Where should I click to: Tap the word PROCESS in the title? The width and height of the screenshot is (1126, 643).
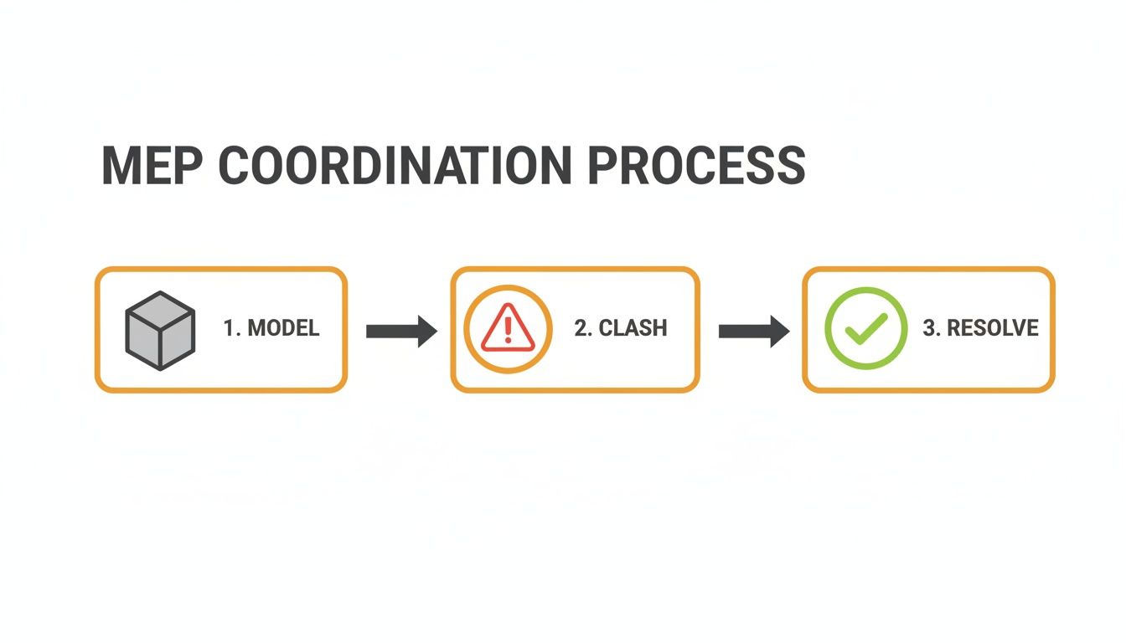point(695,166)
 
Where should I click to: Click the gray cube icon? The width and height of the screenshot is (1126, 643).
point(160,330)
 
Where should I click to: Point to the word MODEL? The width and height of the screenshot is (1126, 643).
point(284,328)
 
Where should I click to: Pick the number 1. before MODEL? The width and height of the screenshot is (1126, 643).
point(231,328)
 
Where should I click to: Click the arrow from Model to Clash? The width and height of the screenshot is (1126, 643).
point(400,331)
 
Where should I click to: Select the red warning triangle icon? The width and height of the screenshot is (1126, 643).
point(508,328)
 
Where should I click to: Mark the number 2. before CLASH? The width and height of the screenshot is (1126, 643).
point(583,328)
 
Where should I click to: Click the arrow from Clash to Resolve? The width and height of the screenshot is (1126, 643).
point(753,331)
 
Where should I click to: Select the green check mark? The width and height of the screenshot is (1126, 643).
point(865,329)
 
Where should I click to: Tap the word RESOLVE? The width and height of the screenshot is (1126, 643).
point(993,328)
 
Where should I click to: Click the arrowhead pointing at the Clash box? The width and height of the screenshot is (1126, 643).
point(426,331)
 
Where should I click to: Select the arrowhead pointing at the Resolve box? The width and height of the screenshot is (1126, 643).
point(779,331)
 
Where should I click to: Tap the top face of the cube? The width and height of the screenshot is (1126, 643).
point(160,309)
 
